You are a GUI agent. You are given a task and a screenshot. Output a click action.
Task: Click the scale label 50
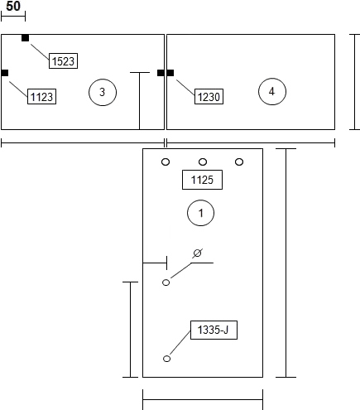13,6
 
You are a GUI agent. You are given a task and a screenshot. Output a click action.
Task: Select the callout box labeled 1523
63,60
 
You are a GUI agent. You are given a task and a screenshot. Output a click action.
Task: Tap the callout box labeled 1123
41,96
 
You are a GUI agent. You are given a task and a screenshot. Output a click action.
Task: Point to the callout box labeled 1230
209,96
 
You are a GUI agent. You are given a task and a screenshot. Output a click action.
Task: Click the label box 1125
202,180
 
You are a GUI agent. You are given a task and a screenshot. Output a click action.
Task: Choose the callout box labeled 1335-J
214,330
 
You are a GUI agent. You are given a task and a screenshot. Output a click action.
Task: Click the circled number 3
103,92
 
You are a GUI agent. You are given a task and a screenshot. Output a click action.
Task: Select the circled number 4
272,91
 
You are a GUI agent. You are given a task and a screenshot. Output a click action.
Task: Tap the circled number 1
200,213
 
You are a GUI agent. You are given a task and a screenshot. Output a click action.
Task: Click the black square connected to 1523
25,38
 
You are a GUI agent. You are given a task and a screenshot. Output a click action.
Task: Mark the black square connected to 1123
5,73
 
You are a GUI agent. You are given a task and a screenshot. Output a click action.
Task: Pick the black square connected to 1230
170,73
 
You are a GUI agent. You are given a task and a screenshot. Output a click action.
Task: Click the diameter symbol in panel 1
197,253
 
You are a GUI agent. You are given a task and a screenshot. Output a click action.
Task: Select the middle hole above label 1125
203,162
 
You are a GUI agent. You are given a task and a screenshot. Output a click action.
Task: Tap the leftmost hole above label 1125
166,162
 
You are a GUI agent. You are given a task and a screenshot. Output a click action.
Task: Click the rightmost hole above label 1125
239,162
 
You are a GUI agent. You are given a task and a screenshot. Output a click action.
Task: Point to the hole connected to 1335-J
166,359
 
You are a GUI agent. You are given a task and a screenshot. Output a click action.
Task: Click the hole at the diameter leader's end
166,282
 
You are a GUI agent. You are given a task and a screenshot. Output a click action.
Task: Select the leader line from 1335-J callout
180,342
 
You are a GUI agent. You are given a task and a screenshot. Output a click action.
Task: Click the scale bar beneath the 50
13,17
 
